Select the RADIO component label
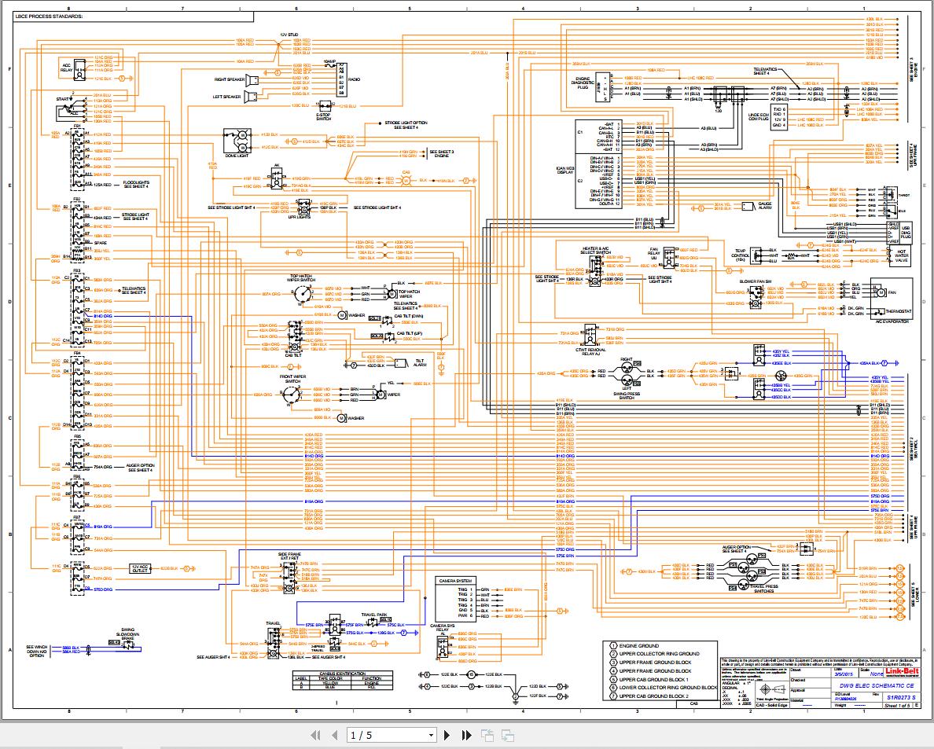point(355,79)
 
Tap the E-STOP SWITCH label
point(323,116)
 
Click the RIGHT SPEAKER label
point(230,79)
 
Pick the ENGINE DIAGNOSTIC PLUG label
point(583,83)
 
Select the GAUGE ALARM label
point(764,207)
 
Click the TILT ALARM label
point(420,363)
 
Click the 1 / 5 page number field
point(391,736)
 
